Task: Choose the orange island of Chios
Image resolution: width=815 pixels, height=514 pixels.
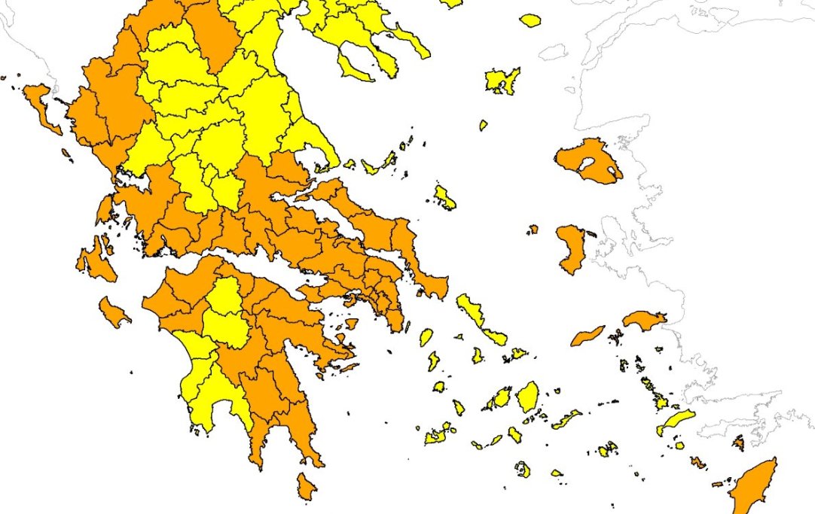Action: pyautogui.click(x=571, y=248)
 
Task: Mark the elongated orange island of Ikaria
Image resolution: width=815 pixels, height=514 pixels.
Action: pyautogui.click(x=588, y=336)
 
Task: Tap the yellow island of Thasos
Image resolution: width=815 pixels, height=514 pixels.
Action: pyautogui.click(x=530, y=20)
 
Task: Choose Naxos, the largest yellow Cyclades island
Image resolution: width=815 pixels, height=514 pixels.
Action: pyautogui.click(x=528, y=395)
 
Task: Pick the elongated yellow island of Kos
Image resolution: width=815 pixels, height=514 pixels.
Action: pyautogui.click(x=675, y=421)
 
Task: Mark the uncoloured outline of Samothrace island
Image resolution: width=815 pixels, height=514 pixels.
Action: pyautogui.click(x=554, y=52)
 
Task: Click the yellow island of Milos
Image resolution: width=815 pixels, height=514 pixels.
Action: pyautogui.click(x=438, y=433)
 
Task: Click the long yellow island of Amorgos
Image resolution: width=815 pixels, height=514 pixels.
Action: pyautogui.click(x=566, y=418)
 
